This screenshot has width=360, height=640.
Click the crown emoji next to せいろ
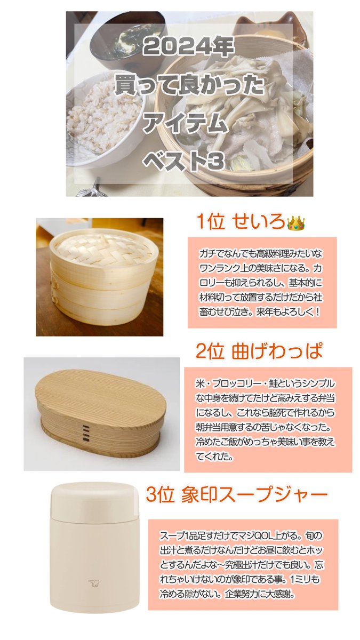click(x=295, y=223)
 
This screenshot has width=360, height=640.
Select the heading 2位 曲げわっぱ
click(x=259, y=352)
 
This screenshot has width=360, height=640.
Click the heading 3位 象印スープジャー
click(x=236, y=495)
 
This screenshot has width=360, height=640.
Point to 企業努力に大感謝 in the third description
click(x=261, y=593)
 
